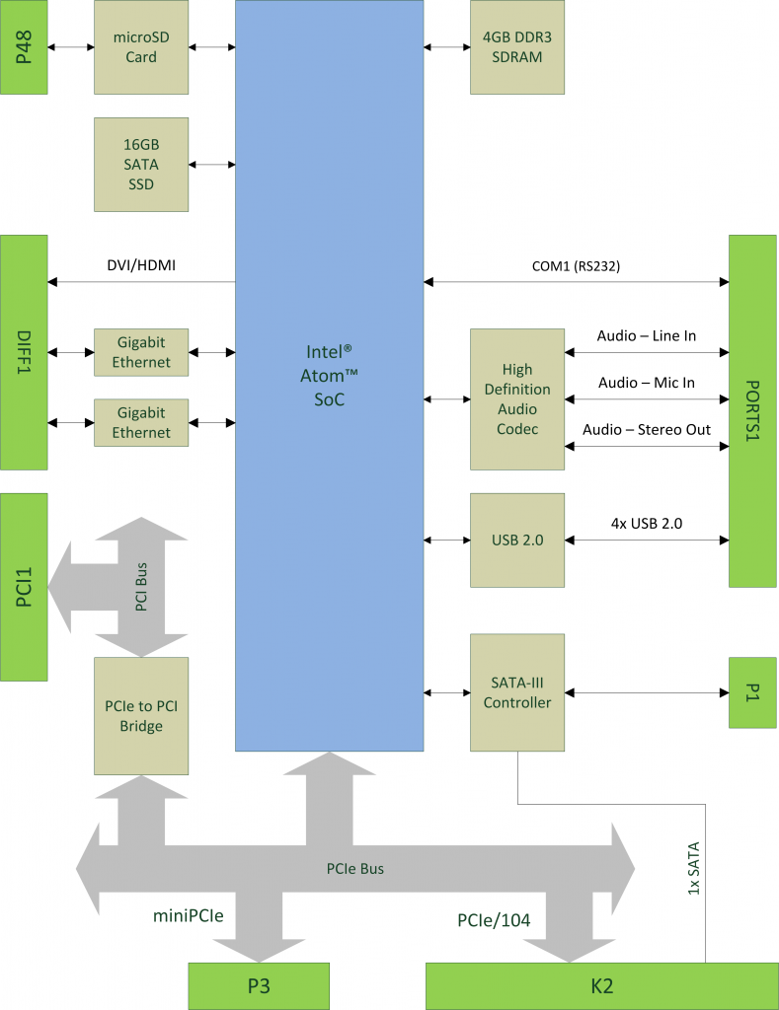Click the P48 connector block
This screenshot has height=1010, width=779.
click(x=24, y=47)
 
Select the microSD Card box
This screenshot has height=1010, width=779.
click(x=141, y=47)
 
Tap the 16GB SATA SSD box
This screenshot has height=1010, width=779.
click(x=141, y=164)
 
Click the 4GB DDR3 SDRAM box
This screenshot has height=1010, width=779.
click(x=517, y=47)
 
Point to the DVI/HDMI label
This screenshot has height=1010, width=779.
click(x=141, y=265)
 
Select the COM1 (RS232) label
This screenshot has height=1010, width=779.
click(x=576, y=265)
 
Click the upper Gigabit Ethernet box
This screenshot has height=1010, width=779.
click(x=141, y=352)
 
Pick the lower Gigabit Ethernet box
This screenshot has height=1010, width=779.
click(x=141, y=422)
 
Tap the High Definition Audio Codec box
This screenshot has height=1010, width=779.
click(x=517, y=399)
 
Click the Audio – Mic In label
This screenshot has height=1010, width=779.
click(x=646, y=383)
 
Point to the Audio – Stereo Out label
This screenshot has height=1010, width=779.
click(x=646, y=429)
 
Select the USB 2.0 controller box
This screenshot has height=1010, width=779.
click(x=517, y=540)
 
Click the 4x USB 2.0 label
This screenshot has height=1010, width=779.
click(x=646, y=523)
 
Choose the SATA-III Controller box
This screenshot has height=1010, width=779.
click(x=517, y=692)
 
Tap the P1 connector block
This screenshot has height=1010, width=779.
click(x=753, y=692)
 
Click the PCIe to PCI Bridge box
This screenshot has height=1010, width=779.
click(x=141, y=716)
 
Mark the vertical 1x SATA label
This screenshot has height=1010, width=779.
click(x=693, y=868)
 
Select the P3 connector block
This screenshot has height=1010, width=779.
click(x=258, y=986)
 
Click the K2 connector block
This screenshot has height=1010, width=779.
click(x=601, y=986)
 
